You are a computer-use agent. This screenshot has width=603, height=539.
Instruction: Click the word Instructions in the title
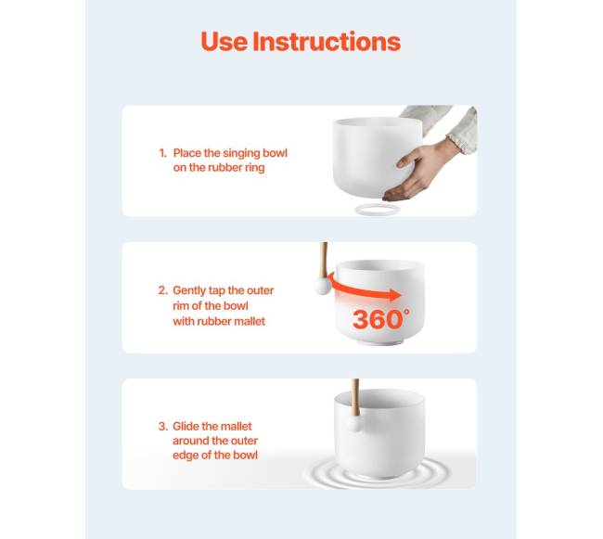click(327, 41)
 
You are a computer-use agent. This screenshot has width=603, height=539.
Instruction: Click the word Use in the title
click(225, 41)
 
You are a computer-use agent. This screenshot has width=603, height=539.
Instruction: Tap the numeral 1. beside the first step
click(162, 153)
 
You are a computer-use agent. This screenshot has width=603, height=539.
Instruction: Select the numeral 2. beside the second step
click(163, 290)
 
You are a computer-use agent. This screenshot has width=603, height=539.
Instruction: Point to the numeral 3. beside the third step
click(163, 427)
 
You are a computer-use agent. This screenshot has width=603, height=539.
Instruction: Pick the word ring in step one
click(255, 168)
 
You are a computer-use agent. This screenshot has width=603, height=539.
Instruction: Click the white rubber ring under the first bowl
click(378, 210)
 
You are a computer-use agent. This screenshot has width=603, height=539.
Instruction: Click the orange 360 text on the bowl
click(378, 319)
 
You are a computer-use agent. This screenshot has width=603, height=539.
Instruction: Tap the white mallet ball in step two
click(322, 286)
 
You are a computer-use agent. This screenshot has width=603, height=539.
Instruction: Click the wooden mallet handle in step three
click(355, 397)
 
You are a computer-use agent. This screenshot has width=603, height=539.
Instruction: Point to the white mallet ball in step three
click(355, 425)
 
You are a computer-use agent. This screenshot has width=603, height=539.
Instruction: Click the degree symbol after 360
click(406, 312)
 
